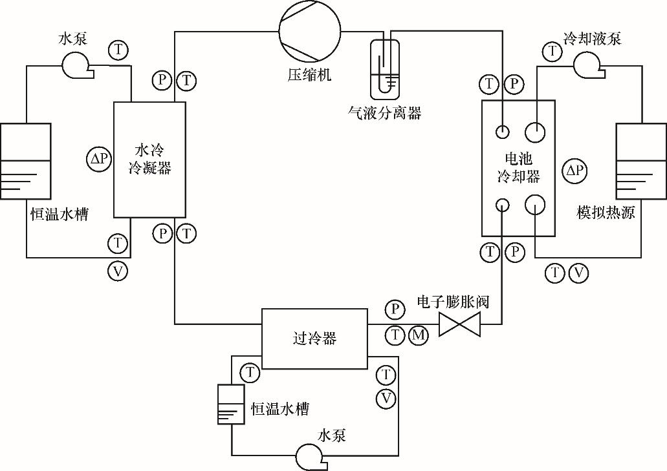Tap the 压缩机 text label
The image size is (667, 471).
[309, 74]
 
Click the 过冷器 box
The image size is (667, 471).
[314, 339]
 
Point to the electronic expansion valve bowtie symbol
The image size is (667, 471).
[459, 324]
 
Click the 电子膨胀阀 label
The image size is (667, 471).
[452, 302]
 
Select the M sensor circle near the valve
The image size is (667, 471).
[419, 335]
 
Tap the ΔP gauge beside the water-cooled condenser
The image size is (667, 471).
[99, 159]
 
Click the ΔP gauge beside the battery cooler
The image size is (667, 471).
[574, 171]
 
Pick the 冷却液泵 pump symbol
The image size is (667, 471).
[587, 63]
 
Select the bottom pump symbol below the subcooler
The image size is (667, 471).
[310, 456]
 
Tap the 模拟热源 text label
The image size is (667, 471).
[606, 213]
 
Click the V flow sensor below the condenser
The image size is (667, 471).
[118, 271]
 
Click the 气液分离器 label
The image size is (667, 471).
[384, 113]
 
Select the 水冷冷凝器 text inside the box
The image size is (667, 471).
[149, 160]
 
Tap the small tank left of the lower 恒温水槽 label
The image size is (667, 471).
[231, 404]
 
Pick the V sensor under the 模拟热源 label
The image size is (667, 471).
[578, 273]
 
